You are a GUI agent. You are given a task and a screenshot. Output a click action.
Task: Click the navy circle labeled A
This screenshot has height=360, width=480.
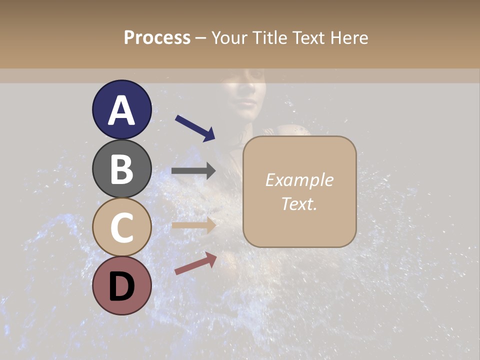tap(121, 110)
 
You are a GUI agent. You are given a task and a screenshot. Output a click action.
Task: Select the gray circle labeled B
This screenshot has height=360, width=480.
tap(121, 168)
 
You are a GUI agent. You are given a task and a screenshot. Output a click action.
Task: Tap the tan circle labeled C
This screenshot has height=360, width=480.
tap(121, 227)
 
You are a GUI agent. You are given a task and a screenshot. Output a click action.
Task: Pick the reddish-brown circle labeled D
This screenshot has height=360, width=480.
tap(121, 285)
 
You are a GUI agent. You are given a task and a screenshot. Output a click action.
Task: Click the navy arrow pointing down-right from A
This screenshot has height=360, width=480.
tap(195, 128)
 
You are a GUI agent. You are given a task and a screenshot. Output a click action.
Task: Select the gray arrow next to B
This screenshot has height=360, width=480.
tap(193, 171)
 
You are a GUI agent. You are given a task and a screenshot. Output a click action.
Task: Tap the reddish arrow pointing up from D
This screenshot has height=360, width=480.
tap(195, 263)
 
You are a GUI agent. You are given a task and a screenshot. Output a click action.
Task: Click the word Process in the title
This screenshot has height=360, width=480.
tap(157, 37)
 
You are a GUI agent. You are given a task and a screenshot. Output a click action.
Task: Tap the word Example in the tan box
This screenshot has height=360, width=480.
tap(299, 180)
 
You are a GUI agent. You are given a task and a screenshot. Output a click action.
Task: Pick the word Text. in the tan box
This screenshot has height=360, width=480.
tap(299, 203)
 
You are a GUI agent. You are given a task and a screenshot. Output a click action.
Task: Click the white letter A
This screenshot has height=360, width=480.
tap(121, 110)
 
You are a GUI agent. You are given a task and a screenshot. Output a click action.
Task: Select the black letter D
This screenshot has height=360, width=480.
tap(121, 286)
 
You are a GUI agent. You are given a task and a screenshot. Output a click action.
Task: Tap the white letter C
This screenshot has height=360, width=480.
tap(121, 227)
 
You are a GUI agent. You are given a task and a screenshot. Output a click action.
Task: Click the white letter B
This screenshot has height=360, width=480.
tap(121, 169)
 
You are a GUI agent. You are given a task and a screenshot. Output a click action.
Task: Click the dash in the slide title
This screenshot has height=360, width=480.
tap(200, 38)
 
